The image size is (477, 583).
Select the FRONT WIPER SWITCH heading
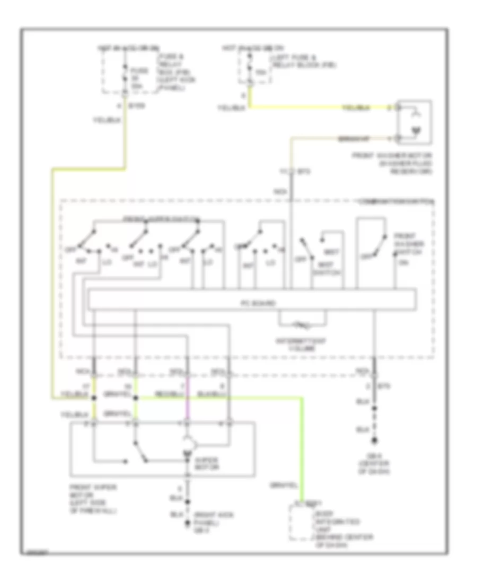(161, 218)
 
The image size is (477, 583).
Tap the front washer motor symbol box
(415, 123)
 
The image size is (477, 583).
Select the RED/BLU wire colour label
(169, 394)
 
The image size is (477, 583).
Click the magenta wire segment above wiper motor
(187, 408)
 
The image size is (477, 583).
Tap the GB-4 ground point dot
(187, 525)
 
